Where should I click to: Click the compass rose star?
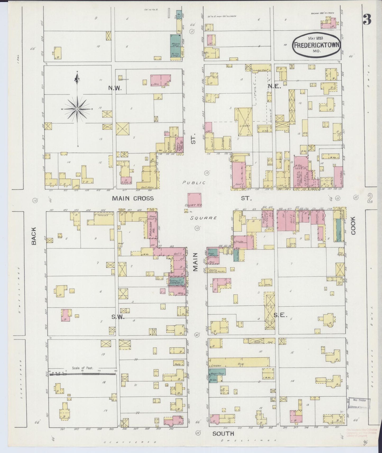[x=77, y=109]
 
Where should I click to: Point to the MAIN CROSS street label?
[x=133, y=198]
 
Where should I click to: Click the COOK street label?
[x=353, y=225]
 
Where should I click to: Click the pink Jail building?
[x=161, y=80]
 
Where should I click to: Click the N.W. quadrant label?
[x=115, y=89]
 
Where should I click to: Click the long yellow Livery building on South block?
[x=239, y=362]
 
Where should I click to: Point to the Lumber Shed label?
[x=261, y=70]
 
